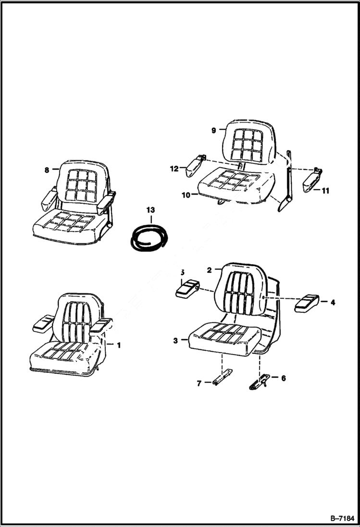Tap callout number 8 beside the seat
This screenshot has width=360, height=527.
coord(47,170)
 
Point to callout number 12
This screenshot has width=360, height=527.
coord(174,168)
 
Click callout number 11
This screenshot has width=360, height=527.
coord(325,191)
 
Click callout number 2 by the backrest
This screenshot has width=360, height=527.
coord(210,270)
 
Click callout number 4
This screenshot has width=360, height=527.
coord(333,302)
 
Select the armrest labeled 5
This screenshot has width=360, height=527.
coord(187,288)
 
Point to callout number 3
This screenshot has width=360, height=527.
coord(176,341)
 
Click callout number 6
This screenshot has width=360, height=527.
coord(283,378)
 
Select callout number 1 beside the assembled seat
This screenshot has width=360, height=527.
coord(119,344)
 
